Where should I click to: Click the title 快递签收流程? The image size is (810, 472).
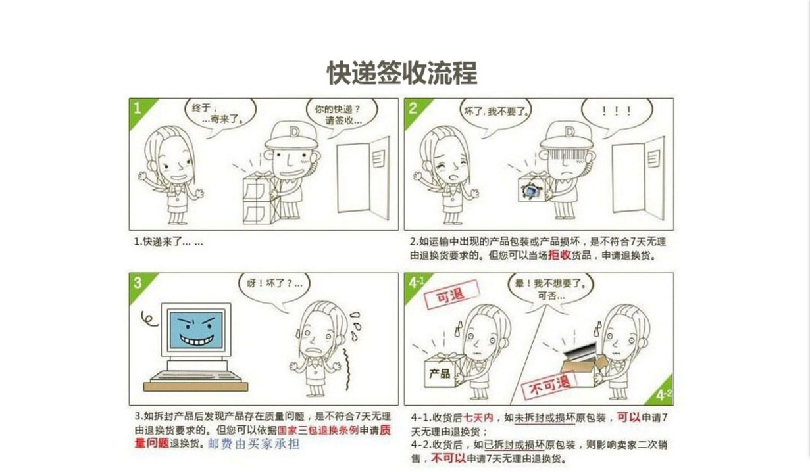(402, 73)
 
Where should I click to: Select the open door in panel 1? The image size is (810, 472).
(363, 178)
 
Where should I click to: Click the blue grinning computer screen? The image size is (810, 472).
(196, 330)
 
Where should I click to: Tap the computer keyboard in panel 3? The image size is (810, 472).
(195, 377)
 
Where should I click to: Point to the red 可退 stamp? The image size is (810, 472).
(451, 295)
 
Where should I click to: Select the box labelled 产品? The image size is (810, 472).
(444, 371)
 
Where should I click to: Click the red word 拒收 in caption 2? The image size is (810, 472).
(559, 255)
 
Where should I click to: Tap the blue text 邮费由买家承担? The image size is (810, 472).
(254, 444)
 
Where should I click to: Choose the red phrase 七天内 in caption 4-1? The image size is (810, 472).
(478, 418)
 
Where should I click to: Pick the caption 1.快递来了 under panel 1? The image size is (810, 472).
(168, 242)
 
